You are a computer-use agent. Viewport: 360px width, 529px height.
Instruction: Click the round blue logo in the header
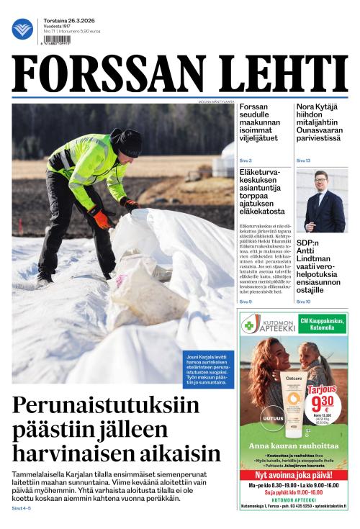(22, 29)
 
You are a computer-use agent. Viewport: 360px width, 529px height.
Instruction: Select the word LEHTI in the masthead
(276, 75)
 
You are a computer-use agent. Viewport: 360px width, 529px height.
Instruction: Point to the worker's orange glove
(100, 217)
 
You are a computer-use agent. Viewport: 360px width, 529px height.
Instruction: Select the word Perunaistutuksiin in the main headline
(105, 406)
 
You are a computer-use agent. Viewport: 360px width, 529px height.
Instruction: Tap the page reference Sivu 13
(303, 160)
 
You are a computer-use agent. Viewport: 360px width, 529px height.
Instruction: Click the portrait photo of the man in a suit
(320, 201)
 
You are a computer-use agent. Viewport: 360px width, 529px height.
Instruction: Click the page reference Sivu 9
(246, 302)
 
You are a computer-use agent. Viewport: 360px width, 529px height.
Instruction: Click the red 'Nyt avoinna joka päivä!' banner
(294, 475)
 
